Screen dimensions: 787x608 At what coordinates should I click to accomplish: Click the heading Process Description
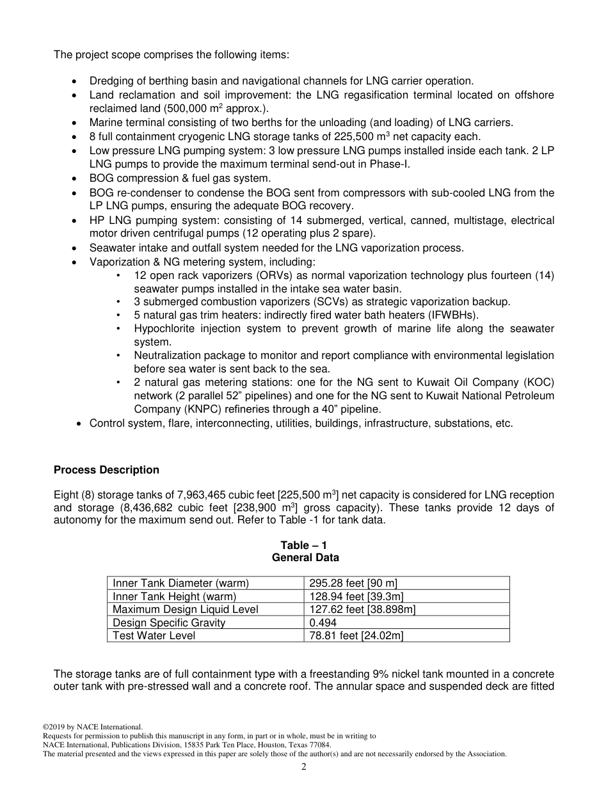(x=106, y=470)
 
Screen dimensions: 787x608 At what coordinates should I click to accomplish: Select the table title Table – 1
(x=304, y=545)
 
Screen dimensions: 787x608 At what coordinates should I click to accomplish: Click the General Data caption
(x=304, y=557)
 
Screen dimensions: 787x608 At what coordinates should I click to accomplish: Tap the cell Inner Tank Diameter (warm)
(x=180, y=583)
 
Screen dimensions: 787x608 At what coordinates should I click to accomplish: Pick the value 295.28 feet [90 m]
(x=353, y=583)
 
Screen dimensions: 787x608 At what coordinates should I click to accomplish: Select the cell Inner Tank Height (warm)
(x=174, y=596)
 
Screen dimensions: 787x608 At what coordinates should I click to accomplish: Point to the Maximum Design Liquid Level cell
(x=186, y=609)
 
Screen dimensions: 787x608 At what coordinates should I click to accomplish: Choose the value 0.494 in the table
(x=323, y=623)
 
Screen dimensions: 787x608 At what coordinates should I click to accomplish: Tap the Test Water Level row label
(x=154, y=635)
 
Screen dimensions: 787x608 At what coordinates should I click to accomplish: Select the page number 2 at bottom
(x=304, y=767)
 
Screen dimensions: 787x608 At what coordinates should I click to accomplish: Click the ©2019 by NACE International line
(x=92, y=727)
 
